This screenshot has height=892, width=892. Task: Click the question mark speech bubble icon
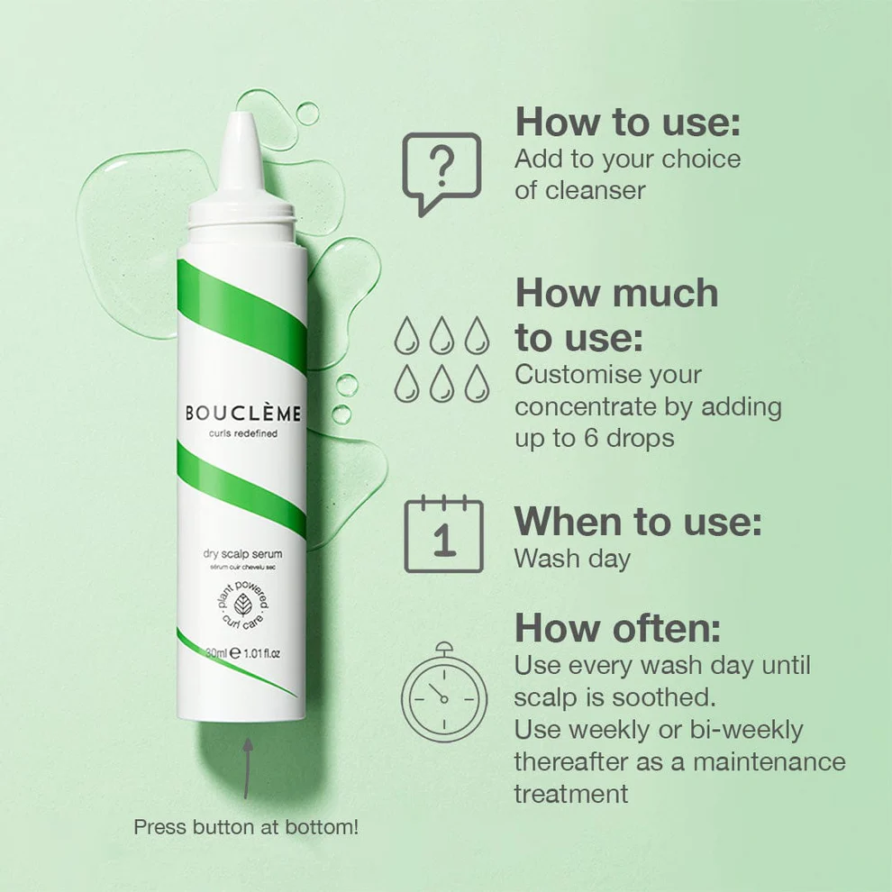coord(441,172)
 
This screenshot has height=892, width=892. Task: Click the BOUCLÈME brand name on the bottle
coord(242,414)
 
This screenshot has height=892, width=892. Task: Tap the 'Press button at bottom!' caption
coord(246,826)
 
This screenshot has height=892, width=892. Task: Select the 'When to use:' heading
coord(638,522)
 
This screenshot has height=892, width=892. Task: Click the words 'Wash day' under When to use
coord(572,558)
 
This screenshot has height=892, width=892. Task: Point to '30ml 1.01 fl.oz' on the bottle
coord(243,653)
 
